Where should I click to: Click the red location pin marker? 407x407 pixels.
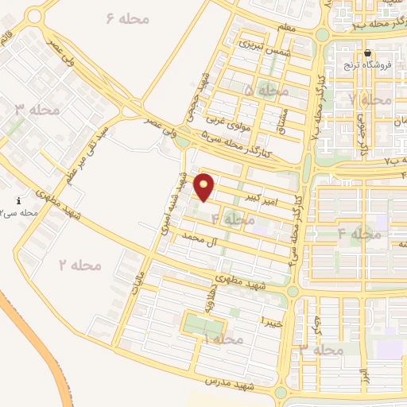click(x=205, y=187)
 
